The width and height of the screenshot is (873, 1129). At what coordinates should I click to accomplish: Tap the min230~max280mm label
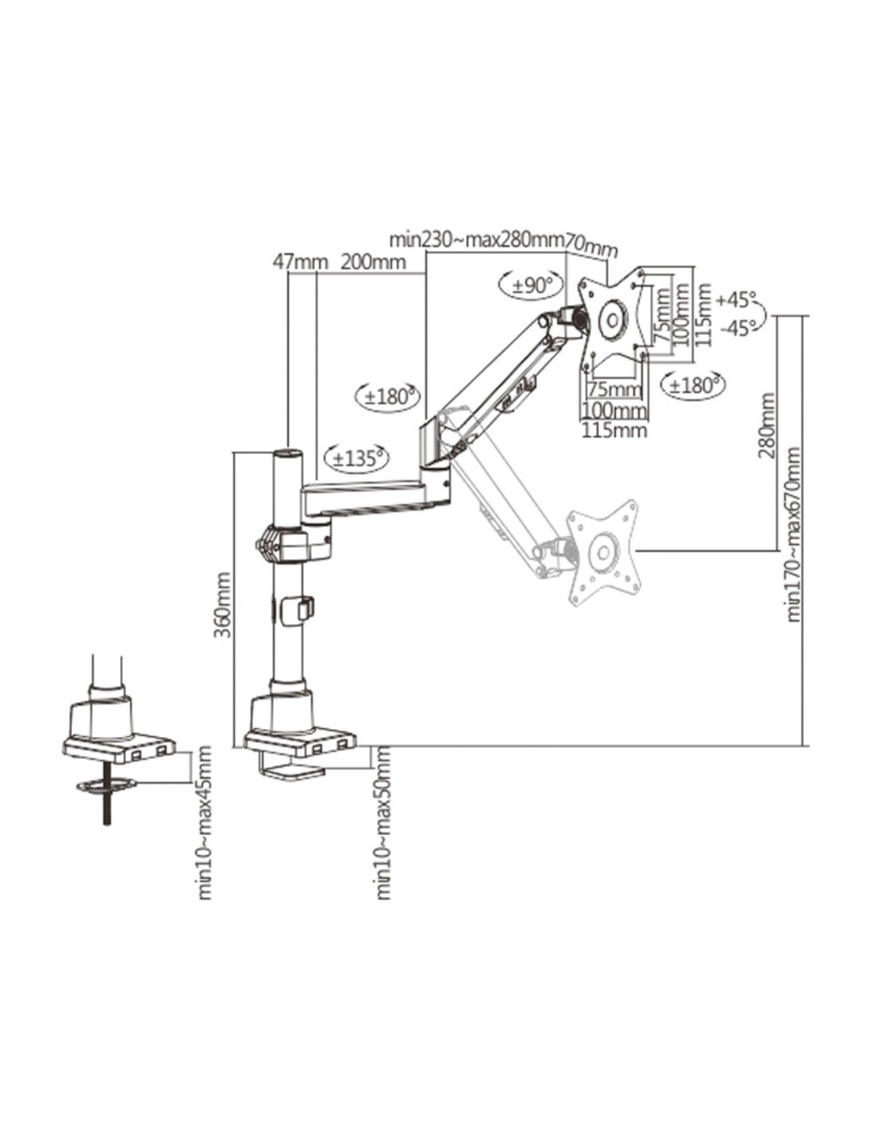pyautogui.click(x=476, y=239)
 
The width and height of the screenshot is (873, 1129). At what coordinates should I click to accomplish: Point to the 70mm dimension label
pyautogui.click(x=591, y=246)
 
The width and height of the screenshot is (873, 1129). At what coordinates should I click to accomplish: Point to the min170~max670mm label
pyautogui.click(x=793, y=534)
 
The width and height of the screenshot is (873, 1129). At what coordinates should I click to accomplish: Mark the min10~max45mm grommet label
pyautogui.click(x=206, y=822)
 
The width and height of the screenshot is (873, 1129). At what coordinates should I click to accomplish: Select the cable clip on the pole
pyautogui.click(x=302, y=609)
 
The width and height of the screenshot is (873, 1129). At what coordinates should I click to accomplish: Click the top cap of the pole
pyautogui.click(x=287, y=454)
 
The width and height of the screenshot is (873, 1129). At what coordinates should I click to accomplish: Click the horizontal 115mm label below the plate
pyautogui.click(x=614, y=430)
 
